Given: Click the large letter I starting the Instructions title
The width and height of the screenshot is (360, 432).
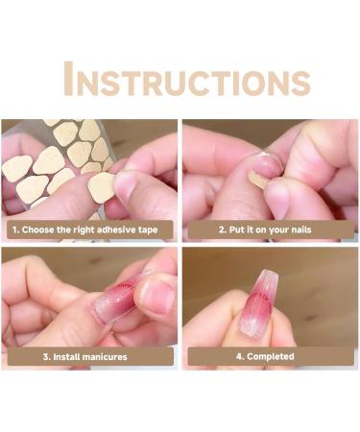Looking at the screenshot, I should pos(69,80).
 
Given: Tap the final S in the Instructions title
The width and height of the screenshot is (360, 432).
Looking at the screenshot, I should pos(300,82).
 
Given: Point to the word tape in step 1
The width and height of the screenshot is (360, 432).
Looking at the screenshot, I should pos(152,229).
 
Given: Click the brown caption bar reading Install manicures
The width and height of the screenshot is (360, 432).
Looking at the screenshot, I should pos(89,356).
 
